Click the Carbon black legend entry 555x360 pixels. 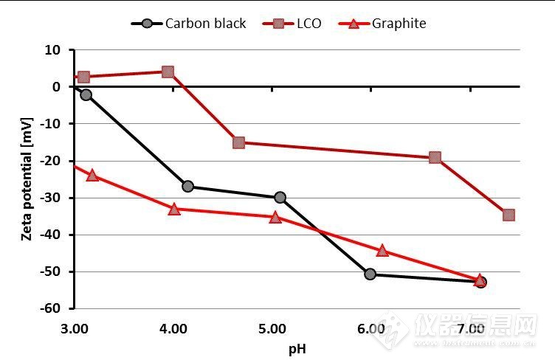(x=189, y=23)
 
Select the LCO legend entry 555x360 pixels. (x=292, y=23)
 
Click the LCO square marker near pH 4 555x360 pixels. (x=168, y=72)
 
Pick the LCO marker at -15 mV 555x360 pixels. (x=238, y=142)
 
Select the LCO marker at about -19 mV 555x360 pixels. (x=435, y=157)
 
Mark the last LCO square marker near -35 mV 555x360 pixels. (x=509, y=215)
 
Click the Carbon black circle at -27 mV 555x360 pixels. (x=187, y=187)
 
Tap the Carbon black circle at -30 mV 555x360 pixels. (x=280, y=198)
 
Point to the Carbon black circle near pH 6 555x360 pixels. (x=370, y=274)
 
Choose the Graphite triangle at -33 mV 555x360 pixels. (x=174, y=209)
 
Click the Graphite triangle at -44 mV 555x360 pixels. (x=382, y=251)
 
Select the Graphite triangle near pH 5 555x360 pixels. (x=275, y=217)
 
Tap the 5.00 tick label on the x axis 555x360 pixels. (x=272, y=328)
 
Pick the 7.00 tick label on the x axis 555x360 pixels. (x=469, y=328)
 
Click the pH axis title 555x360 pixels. (x=297, y=347)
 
